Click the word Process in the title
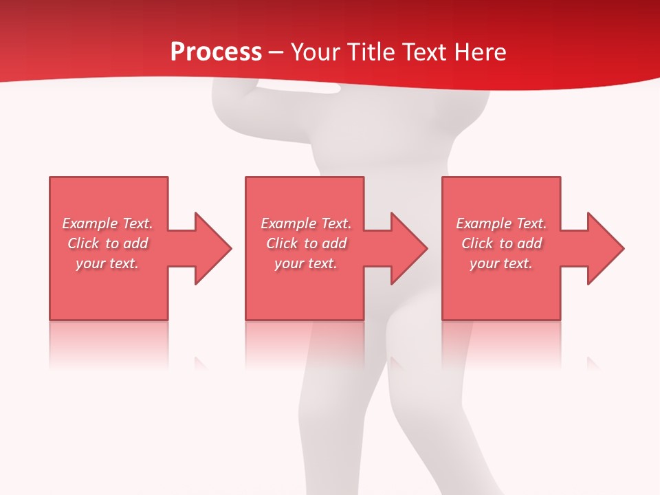click(216, 52)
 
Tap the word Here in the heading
click(480, 52)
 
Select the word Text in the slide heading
click(426, 52)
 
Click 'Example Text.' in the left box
click(108, 223)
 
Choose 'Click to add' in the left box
click(108, 243)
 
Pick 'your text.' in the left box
click(108, 263)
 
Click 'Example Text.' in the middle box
click(306, 223)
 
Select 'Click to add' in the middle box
click(306, 243)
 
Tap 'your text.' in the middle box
click(306, 263)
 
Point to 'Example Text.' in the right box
click(501, 223)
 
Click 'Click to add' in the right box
click(501, 243)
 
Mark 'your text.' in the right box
click(501, 263)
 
